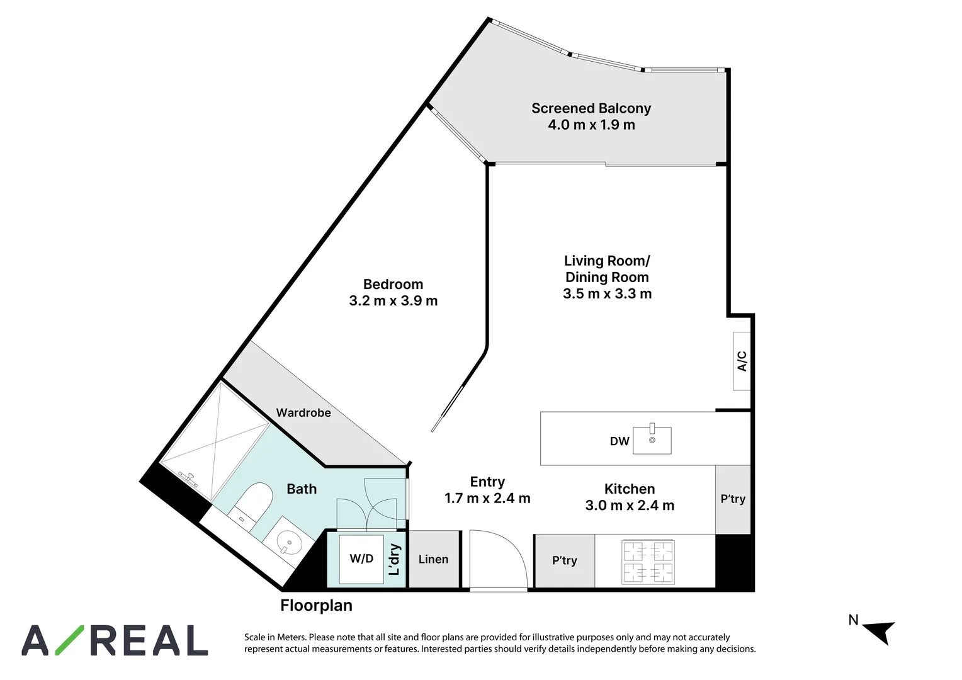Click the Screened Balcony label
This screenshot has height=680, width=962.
click(x=591, y=108)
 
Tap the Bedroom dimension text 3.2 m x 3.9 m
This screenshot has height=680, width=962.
click(x=393, y=301)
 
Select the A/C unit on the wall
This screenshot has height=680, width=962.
click(x=742, y=361)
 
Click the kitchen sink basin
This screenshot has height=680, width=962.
click(x=652, y=440)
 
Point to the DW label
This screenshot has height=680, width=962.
click(x=620, y=441)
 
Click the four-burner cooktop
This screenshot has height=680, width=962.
click(x=648, y=562)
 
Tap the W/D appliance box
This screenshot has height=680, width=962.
click(x=361, y=559)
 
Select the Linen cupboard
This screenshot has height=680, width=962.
click(x=434, y=559)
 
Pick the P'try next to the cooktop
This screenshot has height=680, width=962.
click(x=565, y=560)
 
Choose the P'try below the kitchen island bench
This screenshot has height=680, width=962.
click(x=733, y=499)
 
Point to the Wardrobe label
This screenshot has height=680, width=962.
click(x=303, y=413)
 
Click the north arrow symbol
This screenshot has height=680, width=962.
click(x=880, y=632)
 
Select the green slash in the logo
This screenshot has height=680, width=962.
click(x=70, y=640)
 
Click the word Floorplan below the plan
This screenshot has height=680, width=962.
click(x=317, y=606)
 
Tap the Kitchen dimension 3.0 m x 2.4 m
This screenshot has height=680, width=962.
click(x=630, y=506)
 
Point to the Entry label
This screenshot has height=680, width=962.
click(x=487, y=482)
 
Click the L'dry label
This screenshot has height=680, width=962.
click(x=394, y=560)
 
